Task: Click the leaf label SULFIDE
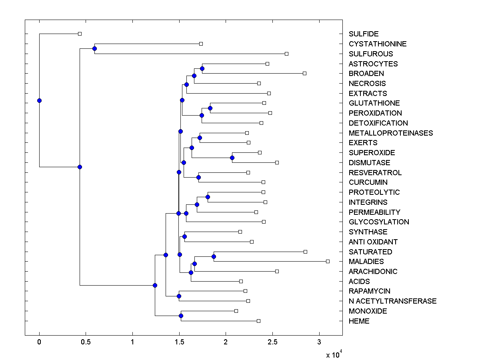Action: coord(363,34)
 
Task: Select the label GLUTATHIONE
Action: coord(374,103)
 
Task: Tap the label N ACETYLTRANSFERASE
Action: coord(392,301)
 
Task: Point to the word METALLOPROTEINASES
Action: coord(390,133)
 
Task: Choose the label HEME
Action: coord(359,321)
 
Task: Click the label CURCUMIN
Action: coord(368,182)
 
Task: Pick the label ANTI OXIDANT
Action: coord(373,242)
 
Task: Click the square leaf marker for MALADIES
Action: coord(328,261)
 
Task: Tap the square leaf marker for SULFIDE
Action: coord(80,34)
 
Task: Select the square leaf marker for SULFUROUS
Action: coord(286,54)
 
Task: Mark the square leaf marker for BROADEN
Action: coord(304,73)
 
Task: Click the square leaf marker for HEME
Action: coord(258,321)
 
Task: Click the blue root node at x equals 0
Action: coord(39,100)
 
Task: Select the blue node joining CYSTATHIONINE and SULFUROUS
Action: coord(94,49)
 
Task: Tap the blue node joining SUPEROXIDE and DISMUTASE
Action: coord(232,158)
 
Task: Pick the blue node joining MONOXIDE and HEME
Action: coord(181,316)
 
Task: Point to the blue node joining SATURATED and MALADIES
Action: coord(214,256)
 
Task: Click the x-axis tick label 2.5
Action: coord(272,342)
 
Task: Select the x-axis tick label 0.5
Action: coord(86,342)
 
